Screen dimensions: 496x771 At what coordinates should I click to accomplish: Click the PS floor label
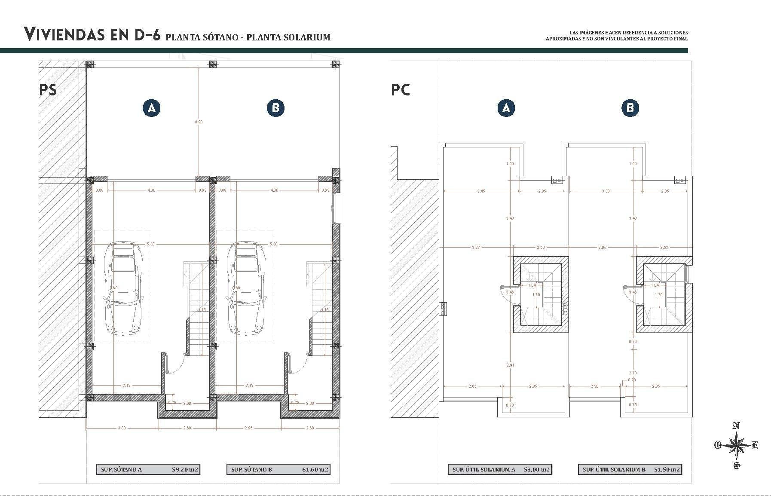tap(48, 90)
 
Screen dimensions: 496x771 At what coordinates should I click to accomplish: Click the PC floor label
tap(401, 90)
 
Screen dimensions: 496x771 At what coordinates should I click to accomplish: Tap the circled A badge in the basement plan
tap(151, 108)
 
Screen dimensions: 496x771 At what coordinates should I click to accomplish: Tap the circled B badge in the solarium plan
tap(630, 108)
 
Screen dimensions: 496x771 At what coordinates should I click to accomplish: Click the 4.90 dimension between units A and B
tap(198, 122)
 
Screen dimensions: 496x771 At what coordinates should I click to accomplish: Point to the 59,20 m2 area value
tap(185, 469)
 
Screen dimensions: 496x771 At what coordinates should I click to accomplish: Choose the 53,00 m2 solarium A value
tap(536, 469)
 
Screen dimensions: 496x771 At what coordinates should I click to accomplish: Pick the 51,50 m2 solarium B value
tap(667, 469)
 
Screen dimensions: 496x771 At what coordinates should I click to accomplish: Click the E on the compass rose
tap(755, 445)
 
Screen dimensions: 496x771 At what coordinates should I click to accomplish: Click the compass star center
tap(737, 446)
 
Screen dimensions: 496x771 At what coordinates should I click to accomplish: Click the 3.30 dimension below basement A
tap(122, 428)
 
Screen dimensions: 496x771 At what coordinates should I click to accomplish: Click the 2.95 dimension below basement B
tap(249, 428)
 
